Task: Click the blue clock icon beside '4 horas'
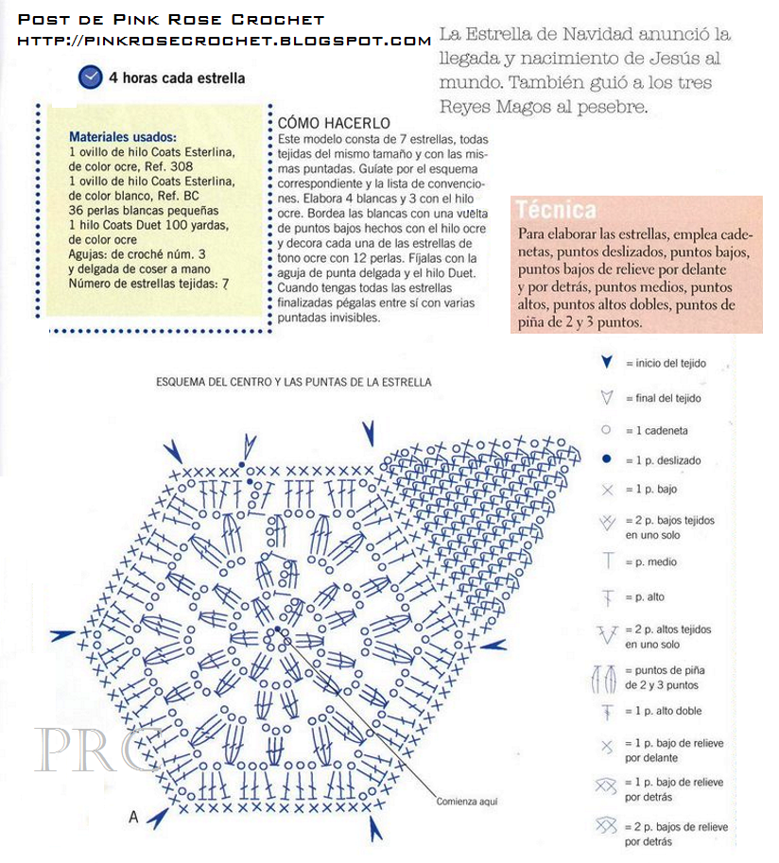90,78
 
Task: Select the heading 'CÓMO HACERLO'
334,124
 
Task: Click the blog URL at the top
224,41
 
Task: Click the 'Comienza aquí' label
466,802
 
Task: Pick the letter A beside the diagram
133,817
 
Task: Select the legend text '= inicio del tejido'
666,364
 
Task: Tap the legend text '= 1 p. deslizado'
663,460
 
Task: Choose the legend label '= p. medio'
650,562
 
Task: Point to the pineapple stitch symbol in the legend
606,678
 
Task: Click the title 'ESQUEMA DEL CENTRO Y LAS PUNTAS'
293,383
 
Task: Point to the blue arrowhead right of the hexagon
497,646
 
